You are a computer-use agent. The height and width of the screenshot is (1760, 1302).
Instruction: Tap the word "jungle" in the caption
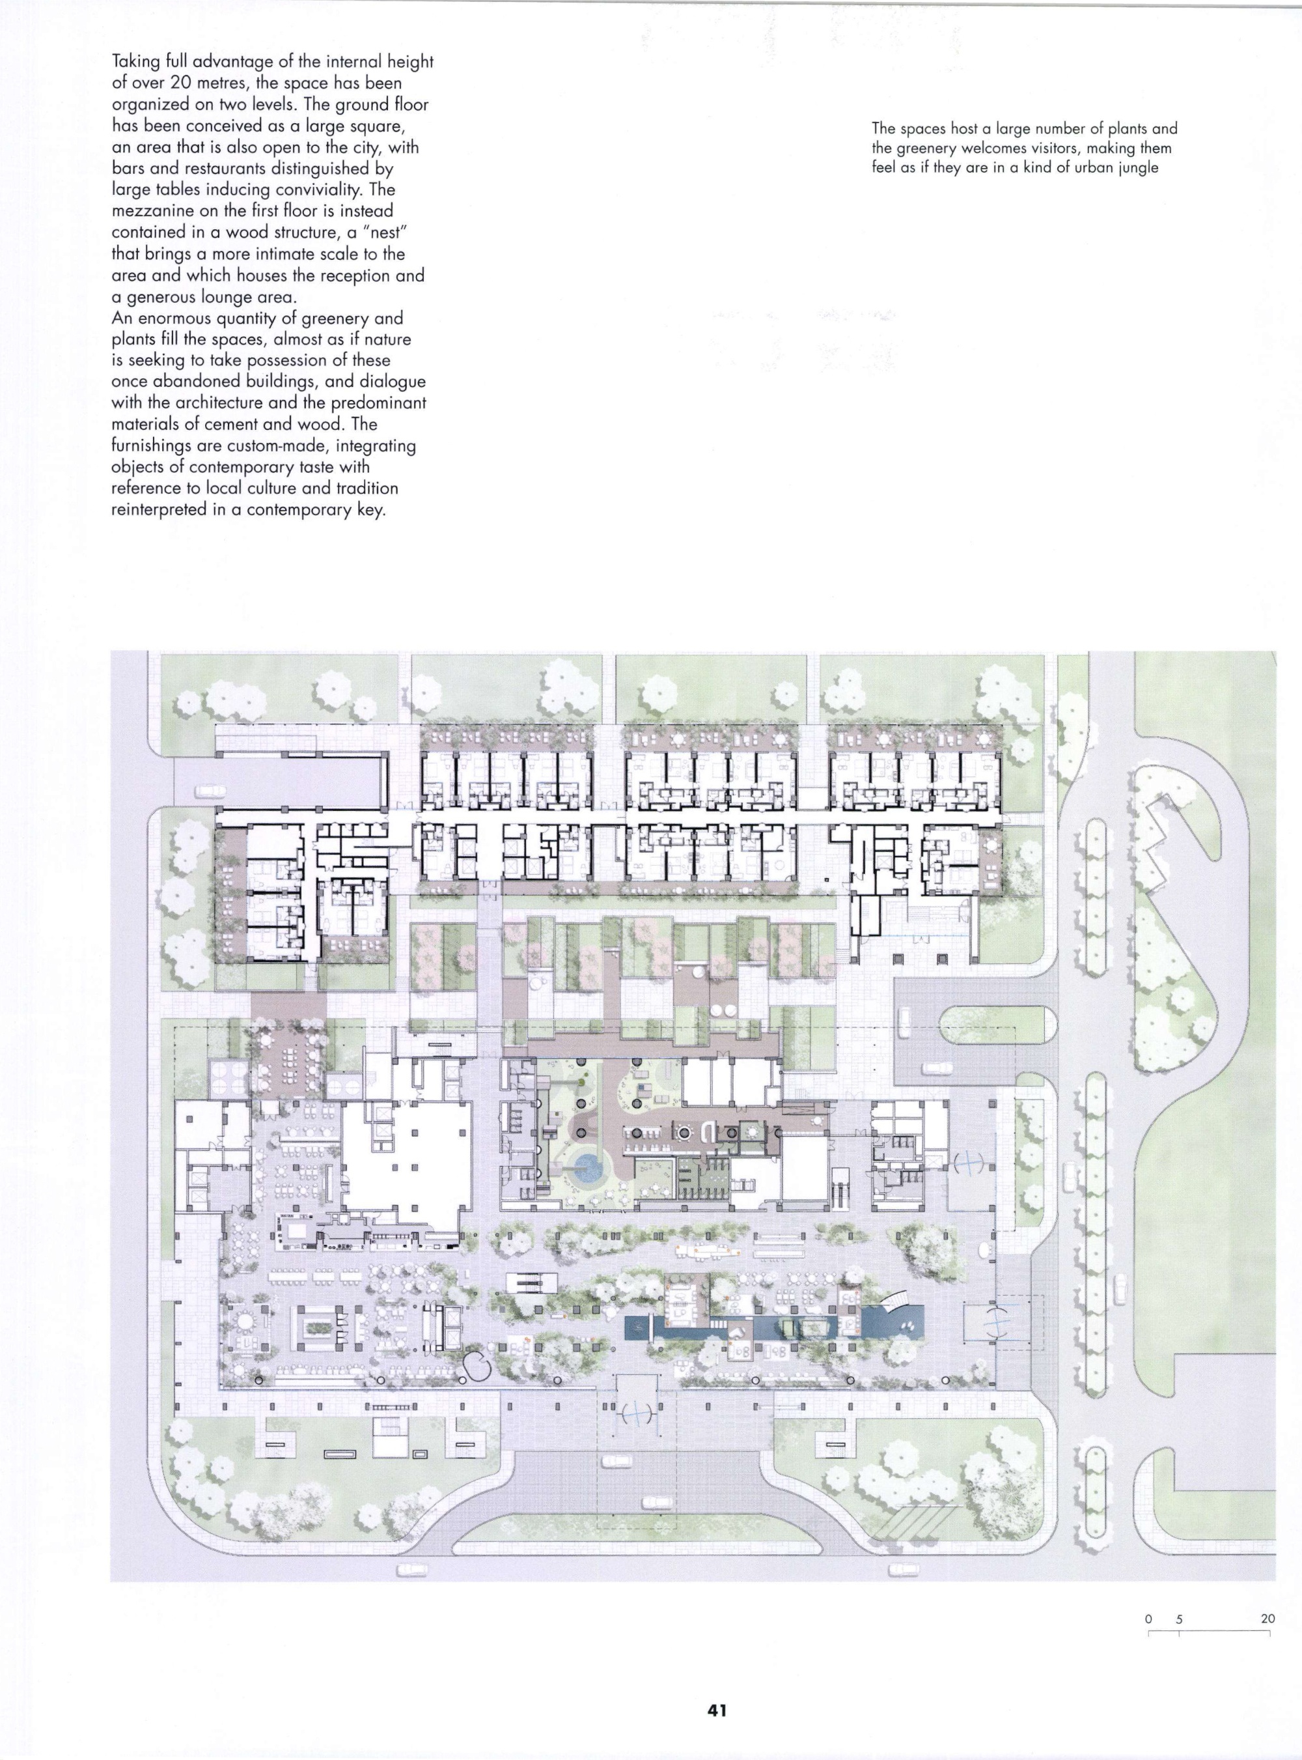click(1137, 169)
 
